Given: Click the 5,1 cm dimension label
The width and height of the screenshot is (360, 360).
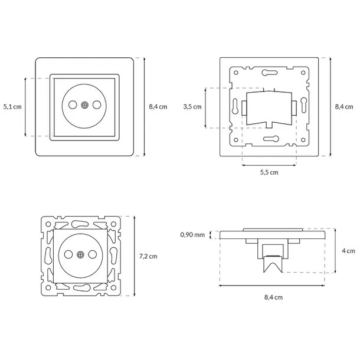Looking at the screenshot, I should [12, 107].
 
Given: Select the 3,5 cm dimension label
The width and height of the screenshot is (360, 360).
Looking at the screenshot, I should [192, 107].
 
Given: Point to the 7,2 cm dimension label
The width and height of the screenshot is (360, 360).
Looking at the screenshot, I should [148, 256].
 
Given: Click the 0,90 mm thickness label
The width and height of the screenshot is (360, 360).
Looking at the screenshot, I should [192, 235].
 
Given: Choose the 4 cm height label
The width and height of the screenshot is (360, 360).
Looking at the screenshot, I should [348, 250].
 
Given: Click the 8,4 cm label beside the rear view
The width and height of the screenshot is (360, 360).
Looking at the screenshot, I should [344, 107].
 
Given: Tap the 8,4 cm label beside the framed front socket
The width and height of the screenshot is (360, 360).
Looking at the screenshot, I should [158, 107].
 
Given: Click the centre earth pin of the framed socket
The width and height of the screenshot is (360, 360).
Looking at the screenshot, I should [84, 105].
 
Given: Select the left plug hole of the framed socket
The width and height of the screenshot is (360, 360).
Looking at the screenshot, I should [73, 105].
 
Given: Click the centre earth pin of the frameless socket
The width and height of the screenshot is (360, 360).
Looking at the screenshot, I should [80, 255].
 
